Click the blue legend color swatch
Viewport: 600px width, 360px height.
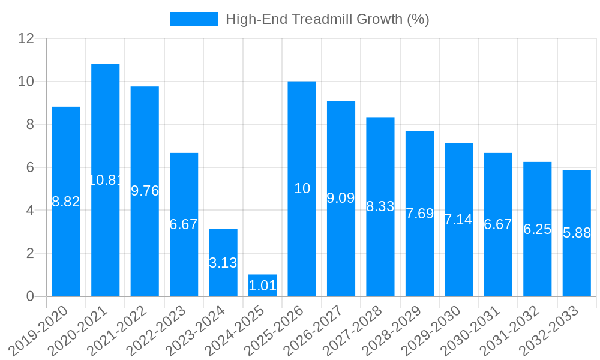click(x=194, y=19)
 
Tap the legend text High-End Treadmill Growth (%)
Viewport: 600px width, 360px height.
click(x=327, y=19)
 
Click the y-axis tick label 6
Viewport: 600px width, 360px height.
click(x=30, y=167)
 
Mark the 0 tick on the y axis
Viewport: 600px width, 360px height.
click(x=30, y=296)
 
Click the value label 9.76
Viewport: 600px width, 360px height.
click(x=145, y=191)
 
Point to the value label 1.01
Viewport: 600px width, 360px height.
click(x=262, y=286)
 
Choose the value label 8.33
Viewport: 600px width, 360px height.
click(x=380, y=206)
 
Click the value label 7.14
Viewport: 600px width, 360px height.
click(x=458, y=220)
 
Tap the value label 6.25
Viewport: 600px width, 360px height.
click(x=537, y=229)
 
